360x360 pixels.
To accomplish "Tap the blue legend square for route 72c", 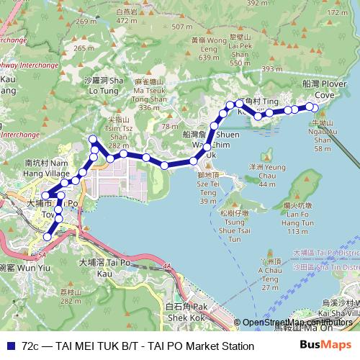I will (9, 346).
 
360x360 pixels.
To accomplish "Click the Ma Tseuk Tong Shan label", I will (149, 98).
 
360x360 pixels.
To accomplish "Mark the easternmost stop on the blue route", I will (312, 107).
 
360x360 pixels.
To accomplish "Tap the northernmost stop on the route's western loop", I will (92, 139).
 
